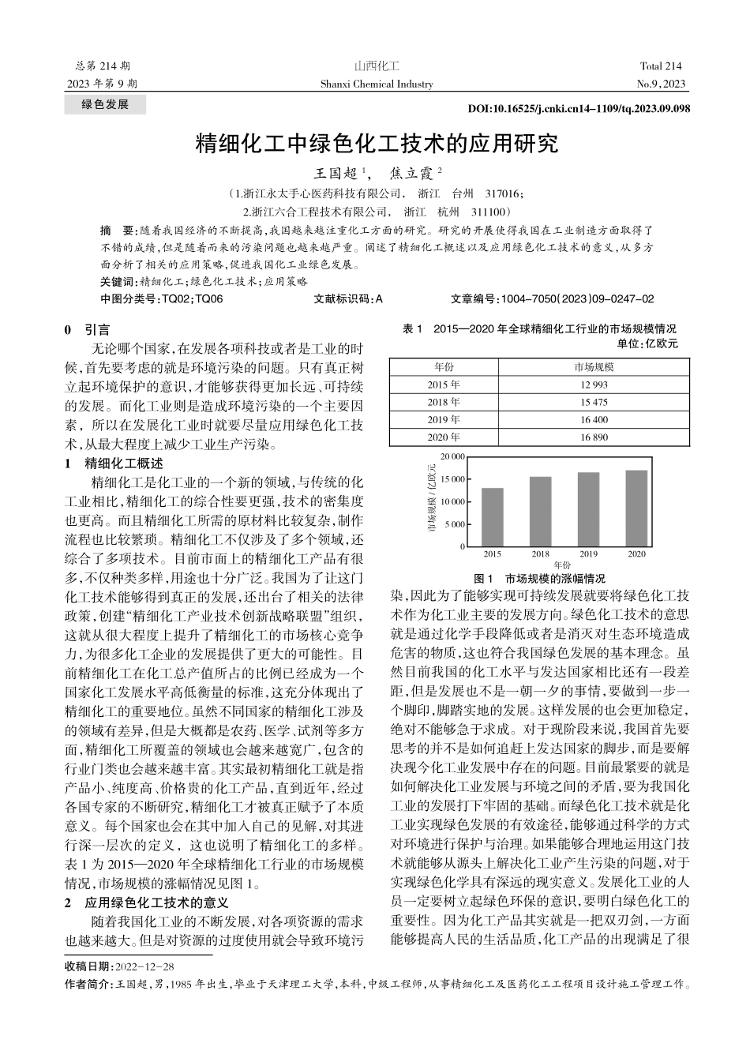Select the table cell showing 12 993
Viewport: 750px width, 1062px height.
pos(594,385)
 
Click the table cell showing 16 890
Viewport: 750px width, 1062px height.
pos(594,437)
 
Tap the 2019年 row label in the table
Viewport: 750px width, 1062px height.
pos(444,419)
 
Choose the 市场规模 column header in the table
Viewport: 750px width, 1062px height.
pos(594,367)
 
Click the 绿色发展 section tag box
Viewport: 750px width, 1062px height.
pos(104,104)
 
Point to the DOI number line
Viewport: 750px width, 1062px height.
pos(579,108)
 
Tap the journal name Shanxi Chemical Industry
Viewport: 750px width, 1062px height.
pos(377,84)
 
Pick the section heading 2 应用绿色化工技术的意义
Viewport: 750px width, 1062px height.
pos(146,903)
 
